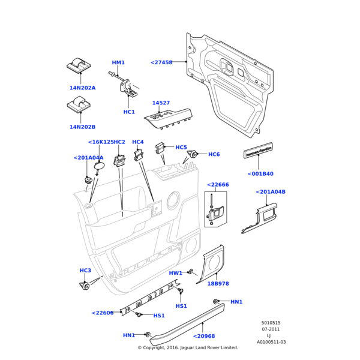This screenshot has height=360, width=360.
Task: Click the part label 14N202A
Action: click(82, 88)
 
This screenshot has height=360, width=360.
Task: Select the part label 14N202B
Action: click(82, 127)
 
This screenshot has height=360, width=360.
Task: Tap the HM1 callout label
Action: click(118, 62)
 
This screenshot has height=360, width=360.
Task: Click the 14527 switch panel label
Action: click(161, 103)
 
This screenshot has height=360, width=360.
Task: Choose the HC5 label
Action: click(181, 147)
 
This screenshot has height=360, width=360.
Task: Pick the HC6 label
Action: click(214, 154)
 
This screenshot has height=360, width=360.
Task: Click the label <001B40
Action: click(260, 174)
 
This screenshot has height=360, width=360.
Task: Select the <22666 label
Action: click(218, 185)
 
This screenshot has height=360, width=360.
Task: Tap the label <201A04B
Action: click(271, 192)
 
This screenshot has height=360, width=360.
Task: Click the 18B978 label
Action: click(218, 284)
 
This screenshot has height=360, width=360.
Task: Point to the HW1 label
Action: click(175, 273)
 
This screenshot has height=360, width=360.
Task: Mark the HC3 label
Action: click(85, 271)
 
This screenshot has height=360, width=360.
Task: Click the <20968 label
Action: click(204, 336)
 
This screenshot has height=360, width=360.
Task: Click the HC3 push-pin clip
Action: click(85, 285)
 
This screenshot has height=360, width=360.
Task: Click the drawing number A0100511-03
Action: click(271, 342)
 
